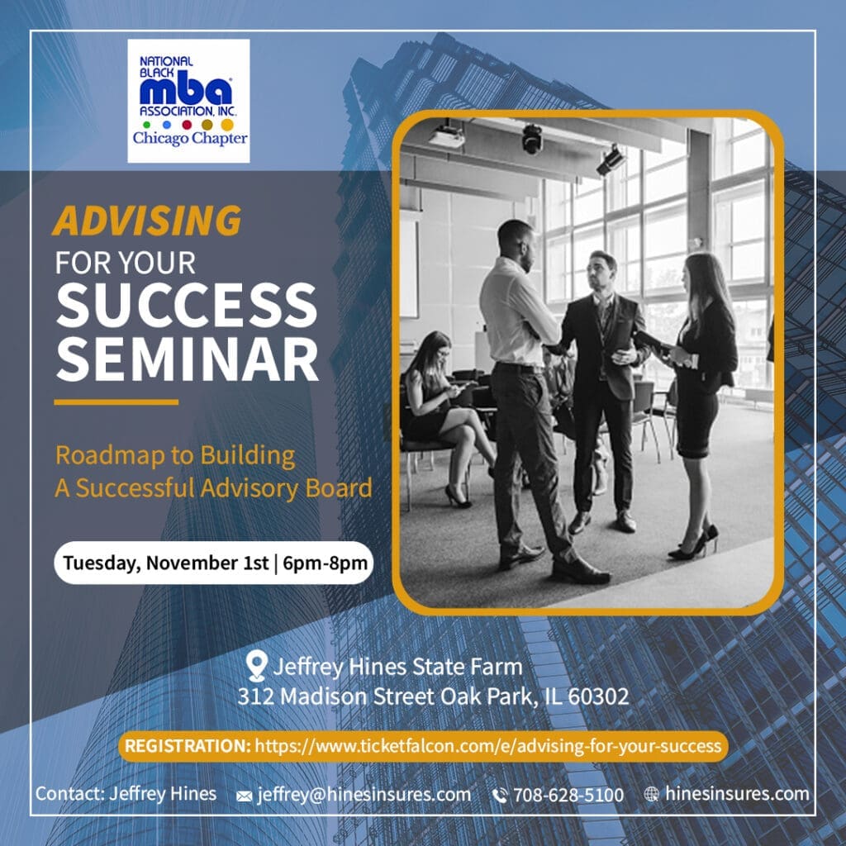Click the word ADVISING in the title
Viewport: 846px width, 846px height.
[x=147, y=220]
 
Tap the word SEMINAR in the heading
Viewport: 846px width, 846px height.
[x=188, y=360]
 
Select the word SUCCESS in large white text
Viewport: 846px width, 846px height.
[x=187, y=305]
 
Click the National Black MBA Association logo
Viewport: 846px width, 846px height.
[x=188, y=101]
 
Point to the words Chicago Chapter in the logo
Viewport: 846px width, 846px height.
[x=190, y=139]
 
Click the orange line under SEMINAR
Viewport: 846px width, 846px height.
[x=116, y=402]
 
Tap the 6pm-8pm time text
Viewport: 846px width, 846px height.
[x=325, y=563]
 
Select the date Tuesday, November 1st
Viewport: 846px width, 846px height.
[x=165, y=563]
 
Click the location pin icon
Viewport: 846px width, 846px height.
[x=256, y=665]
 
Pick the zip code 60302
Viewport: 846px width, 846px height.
[x=598, y=696]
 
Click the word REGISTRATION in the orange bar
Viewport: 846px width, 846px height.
[x=188, y=746]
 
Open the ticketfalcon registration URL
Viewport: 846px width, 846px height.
[x=487, y=746]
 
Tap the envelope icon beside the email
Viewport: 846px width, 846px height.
[x=245, y=796]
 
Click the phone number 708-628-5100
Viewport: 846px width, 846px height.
[x=568, y=795]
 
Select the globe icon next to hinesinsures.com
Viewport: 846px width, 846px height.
[x=652, y=794]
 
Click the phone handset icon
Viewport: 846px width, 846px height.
[x=500, y=796]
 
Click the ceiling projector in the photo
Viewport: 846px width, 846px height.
[x=446, y=135]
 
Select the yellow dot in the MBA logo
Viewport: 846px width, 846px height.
[x=227, y=125]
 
